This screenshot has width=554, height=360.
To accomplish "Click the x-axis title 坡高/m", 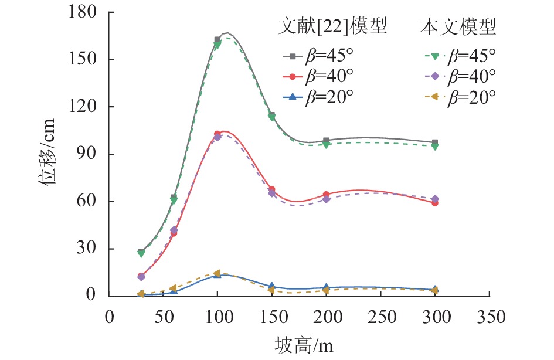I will (304, 344).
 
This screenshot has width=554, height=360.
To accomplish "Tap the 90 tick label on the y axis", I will (91, 154).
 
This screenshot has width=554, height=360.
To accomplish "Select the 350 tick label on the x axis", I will (490, 317).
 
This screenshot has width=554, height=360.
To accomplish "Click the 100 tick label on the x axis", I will (217, 317).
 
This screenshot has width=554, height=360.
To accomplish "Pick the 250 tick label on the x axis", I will (381, 317).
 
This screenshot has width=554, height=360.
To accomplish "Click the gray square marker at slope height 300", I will (435, 142).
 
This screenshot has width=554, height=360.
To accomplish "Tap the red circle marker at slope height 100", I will (217, 134).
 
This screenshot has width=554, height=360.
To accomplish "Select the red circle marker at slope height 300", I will (435, 203).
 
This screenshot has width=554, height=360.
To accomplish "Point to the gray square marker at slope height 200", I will (327, 141).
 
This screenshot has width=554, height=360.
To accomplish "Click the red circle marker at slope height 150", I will (272, 189).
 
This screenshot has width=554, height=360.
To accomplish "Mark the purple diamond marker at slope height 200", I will (327, 199).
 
